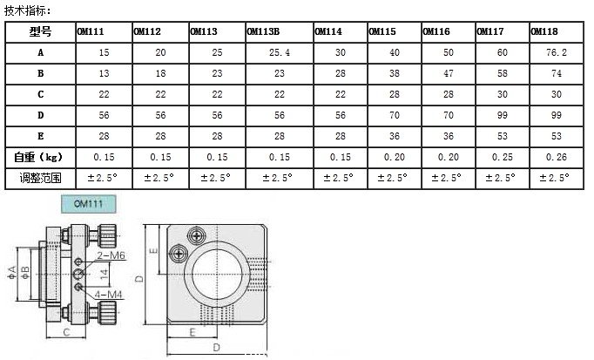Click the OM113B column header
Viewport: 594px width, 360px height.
(263, 31)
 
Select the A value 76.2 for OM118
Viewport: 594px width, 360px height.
(557, 52)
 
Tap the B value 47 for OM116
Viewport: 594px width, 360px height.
(449, 73)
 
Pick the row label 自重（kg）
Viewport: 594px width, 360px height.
(38, 157)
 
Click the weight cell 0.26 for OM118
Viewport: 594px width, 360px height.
(557, 157)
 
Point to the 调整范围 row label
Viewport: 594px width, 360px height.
(41, 178)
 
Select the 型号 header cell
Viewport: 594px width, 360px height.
(41, 31)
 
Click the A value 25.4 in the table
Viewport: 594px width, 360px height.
(280, 52)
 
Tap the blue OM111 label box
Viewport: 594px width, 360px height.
(89, 204)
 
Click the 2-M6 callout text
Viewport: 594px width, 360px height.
(111, 255)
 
